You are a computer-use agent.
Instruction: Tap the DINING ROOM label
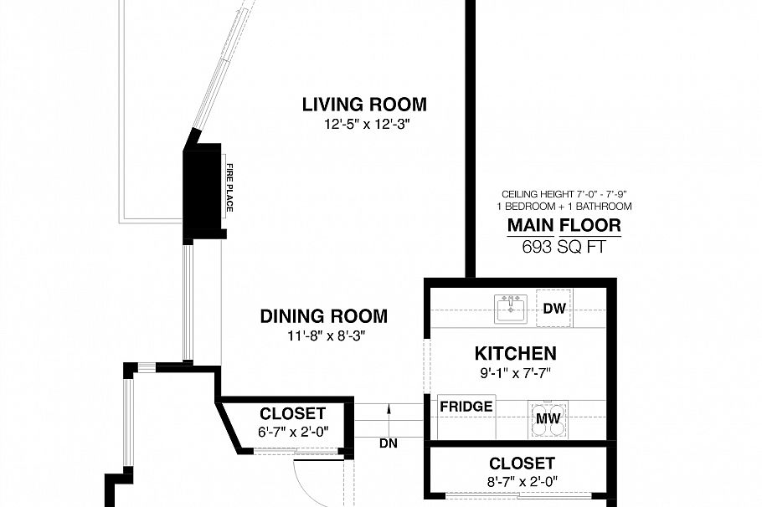point(323,316)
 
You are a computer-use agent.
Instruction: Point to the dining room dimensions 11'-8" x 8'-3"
point(323,335)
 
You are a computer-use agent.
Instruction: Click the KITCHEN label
point(515,353)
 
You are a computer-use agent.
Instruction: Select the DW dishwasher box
point(554,309)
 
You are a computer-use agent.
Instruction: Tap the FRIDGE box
point(466,407)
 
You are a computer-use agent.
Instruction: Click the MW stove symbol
point(549,418)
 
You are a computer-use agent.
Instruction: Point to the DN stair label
point(389,443)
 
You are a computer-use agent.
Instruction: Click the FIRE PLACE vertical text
point(228,187)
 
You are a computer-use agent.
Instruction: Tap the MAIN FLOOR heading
point(564,225)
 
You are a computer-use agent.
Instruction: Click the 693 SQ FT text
point(564,246)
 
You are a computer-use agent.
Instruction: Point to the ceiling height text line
point(564,193)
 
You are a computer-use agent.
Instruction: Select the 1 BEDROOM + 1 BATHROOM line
point(564,206)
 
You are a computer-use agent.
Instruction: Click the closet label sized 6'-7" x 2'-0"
point(292,413)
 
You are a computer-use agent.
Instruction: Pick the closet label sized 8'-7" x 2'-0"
point(522,463)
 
